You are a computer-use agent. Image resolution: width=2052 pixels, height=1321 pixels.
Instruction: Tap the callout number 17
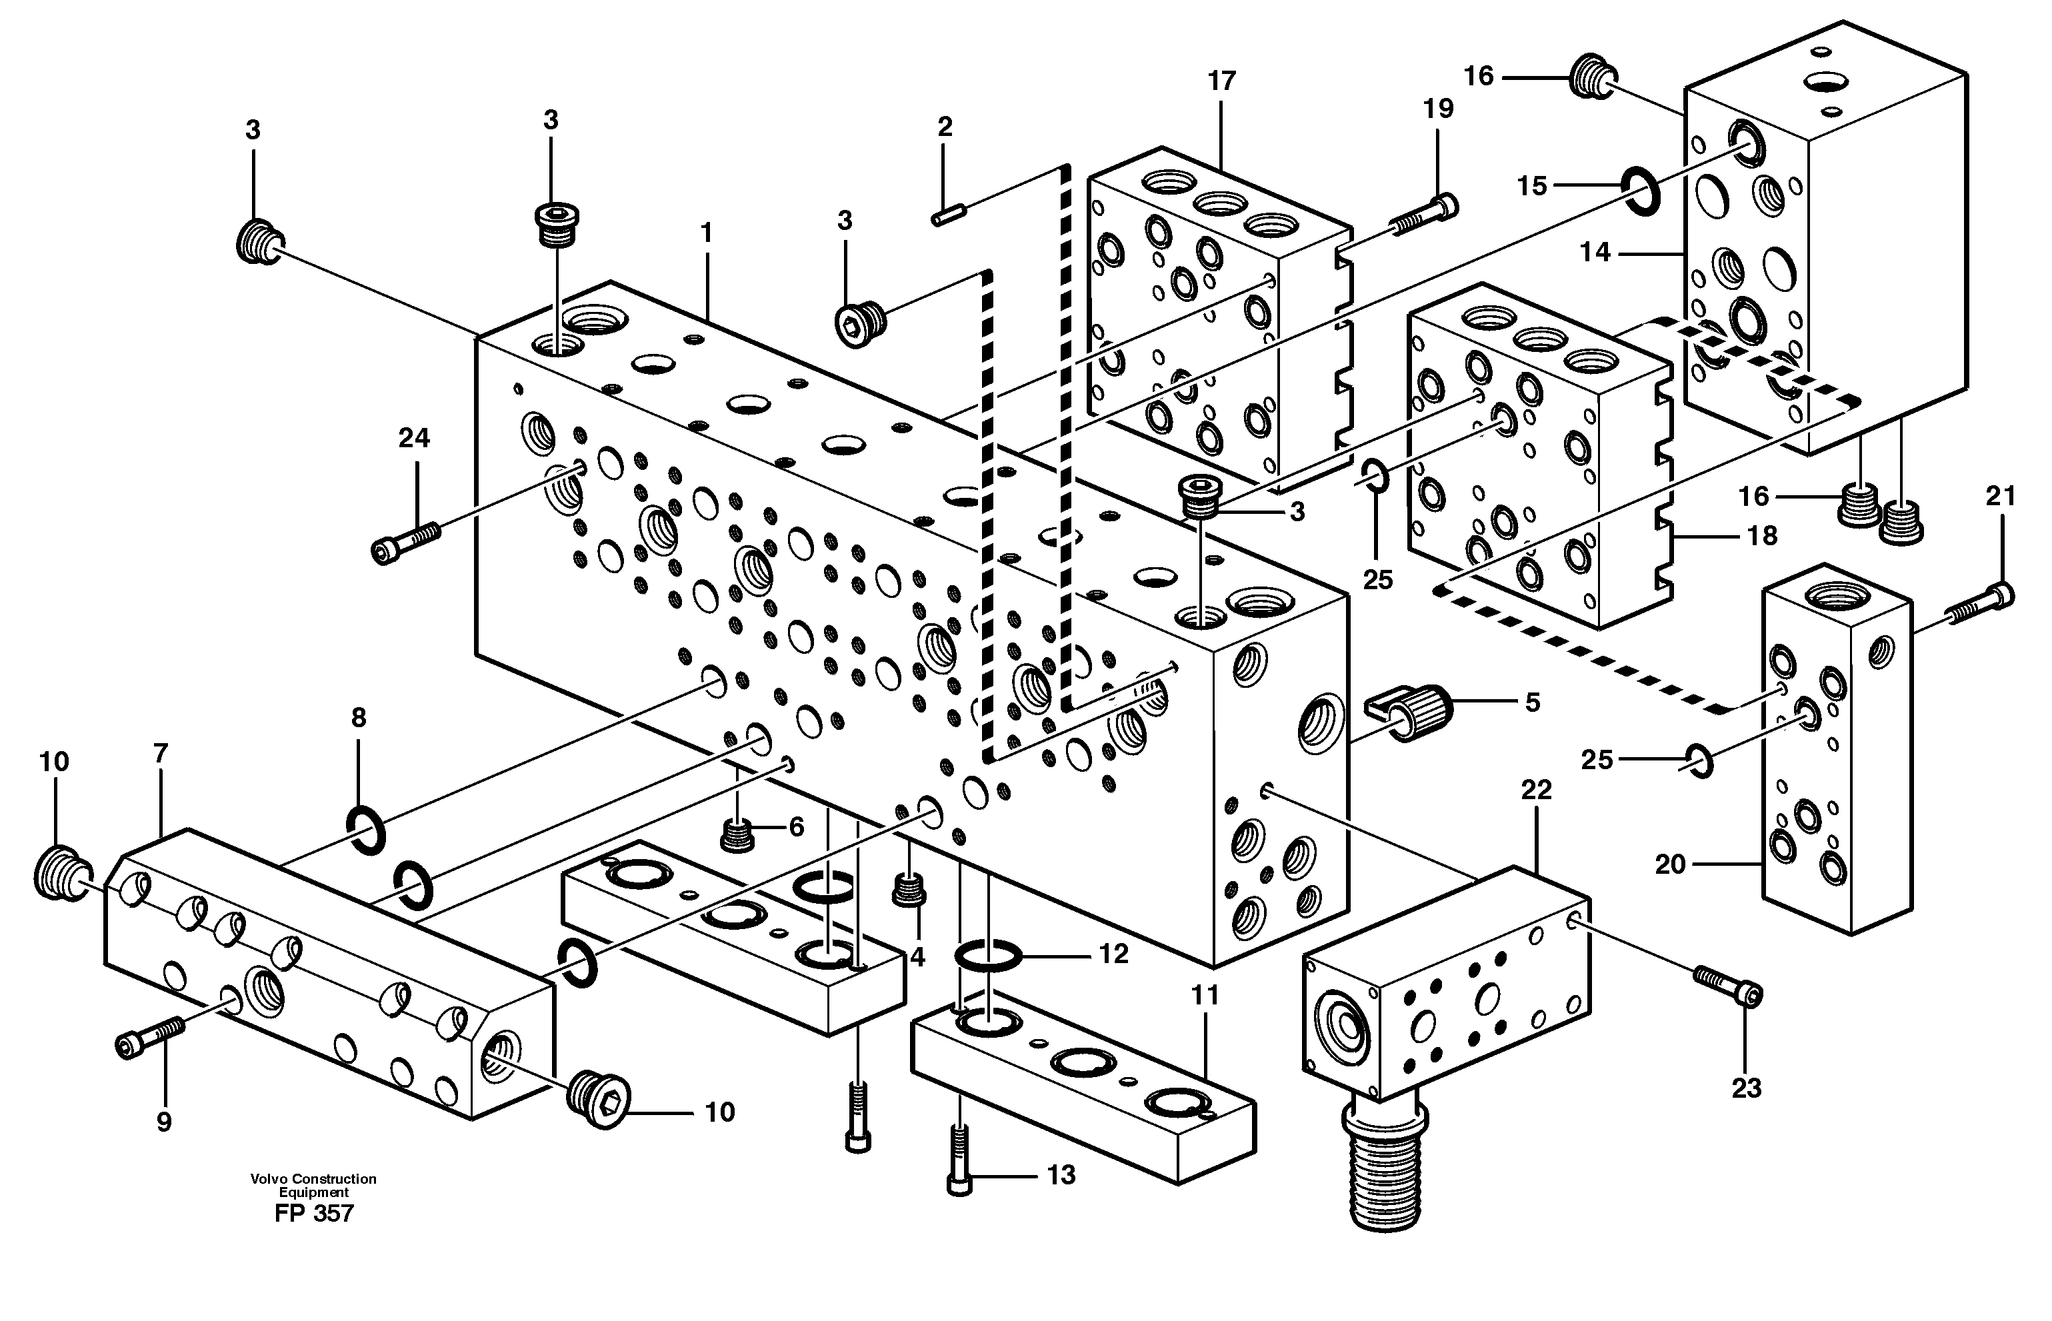(x=1221, y=81)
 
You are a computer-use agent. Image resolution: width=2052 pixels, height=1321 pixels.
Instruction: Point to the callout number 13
(x=1061, y=1175)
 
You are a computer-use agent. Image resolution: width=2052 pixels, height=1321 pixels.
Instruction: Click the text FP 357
(x=314, y=1214)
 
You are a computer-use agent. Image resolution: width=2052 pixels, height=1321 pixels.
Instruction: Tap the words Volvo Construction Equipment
(x=314, y=1186)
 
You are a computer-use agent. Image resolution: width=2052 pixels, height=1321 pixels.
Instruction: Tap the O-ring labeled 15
(x=1639, y=191)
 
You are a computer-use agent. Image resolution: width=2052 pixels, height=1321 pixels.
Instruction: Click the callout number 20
(x=1670, y=864)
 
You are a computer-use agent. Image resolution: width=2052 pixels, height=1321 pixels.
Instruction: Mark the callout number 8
(x=359, y=718)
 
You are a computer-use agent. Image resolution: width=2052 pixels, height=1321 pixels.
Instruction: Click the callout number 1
(x=706, y=233)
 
